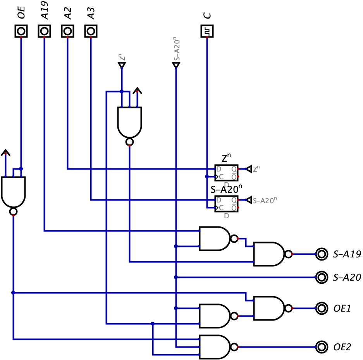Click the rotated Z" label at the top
[x=122, y=58]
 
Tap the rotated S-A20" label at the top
[x=176, y=49]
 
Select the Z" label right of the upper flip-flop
[x=256, y=169]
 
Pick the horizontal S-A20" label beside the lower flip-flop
[x=265, y=200]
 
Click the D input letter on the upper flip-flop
[x=218, y=169]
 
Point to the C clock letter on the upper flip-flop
[x=221, y=177]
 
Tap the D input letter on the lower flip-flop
[x=218, y=200]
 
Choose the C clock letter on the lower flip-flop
[x=221, y=208]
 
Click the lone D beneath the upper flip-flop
[x=226, y=185]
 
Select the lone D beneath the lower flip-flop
[x=226, y=216]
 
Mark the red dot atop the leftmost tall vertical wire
[x=21, y=38]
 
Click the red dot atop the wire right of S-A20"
[x=207, y=38]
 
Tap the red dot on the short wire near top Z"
[x=137, y=92]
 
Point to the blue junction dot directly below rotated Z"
[x=122, y=92]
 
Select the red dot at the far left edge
[x=5, y=154]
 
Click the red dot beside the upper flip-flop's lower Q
[x=238, y=177]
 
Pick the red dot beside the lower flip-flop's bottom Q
[x=238, y=208]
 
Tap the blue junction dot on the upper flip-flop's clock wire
[x=207, y=177]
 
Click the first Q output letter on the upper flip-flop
[x=234, y=169]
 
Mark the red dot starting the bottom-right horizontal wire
[x=238, y=347]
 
